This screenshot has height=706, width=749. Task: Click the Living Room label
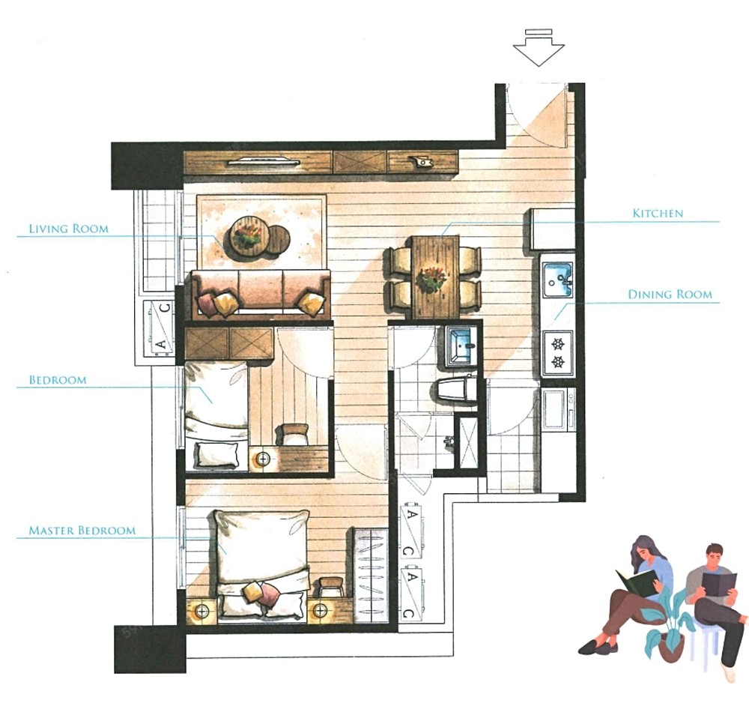[69, 229]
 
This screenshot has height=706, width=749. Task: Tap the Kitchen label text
[658, 213]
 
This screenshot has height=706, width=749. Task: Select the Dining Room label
[670, 295]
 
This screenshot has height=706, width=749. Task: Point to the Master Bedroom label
[82, 530]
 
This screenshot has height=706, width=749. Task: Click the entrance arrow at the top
[539, 47]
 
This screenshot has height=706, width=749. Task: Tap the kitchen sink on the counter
[557, 279]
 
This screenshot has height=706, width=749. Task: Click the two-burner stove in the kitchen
[558, 353]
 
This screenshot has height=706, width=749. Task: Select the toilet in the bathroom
[456, 389]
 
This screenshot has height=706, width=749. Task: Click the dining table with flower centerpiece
[435, 277]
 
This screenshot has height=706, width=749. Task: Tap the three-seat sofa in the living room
[261, 295]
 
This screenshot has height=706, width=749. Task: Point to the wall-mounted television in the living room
[264, 162]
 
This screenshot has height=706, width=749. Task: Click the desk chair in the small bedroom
[294, 432]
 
